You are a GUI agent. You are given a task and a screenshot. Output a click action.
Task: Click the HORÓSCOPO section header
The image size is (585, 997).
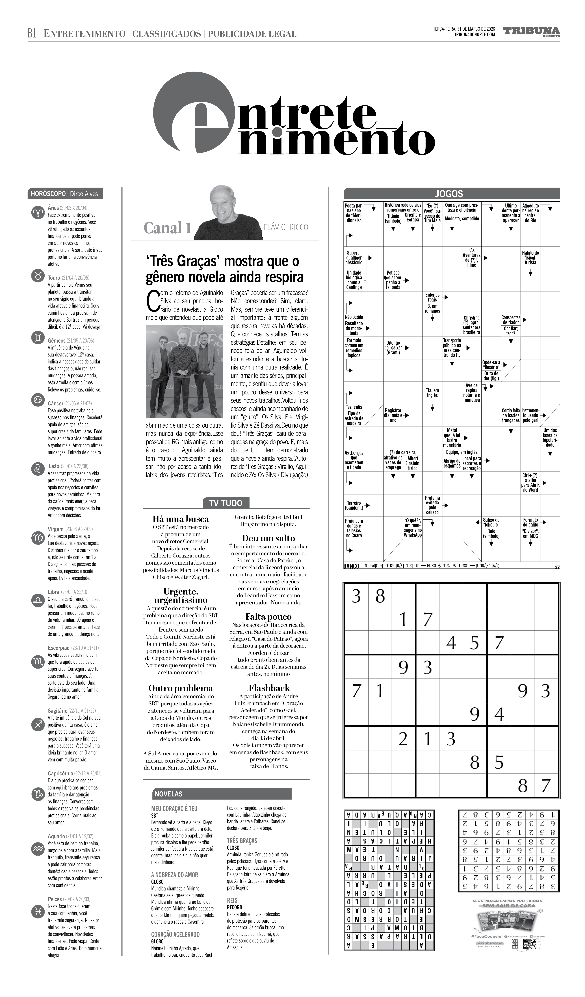point(48,194)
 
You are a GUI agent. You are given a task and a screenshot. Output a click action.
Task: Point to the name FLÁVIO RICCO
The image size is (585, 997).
point(285,227)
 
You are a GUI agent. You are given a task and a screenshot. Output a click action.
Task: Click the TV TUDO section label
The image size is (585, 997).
point(226,503)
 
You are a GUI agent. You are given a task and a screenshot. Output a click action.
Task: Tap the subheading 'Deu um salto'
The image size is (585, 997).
point(268,538)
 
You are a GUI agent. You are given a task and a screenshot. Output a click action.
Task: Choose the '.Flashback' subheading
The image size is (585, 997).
point(268,688)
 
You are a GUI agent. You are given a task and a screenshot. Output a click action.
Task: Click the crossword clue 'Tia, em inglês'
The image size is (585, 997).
point(432,393)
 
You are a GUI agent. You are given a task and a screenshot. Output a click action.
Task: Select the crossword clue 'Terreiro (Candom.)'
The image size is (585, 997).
point(354,505)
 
